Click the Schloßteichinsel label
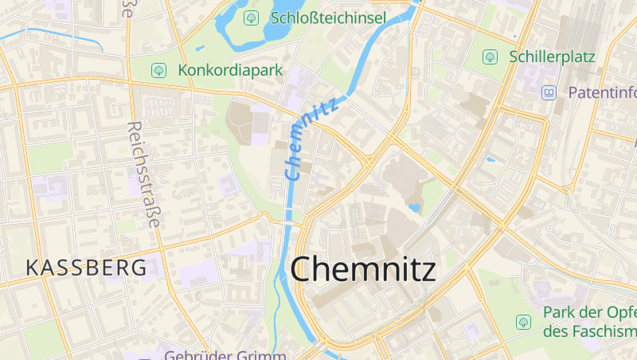pos(328,18)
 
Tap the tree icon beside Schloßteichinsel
pos(252,17)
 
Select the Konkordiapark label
pos(231,70)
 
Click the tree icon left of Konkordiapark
pos(158,70)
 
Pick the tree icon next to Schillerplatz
pos(490,57)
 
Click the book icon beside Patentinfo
pos(549,92)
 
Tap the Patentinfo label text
pos(601,92)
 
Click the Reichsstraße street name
pos(143,175)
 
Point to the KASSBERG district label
pos(86,268)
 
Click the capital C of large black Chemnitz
pos(305,269)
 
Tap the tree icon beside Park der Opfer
pos(523,322)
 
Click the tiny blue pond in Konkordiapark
pos(199,49)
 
